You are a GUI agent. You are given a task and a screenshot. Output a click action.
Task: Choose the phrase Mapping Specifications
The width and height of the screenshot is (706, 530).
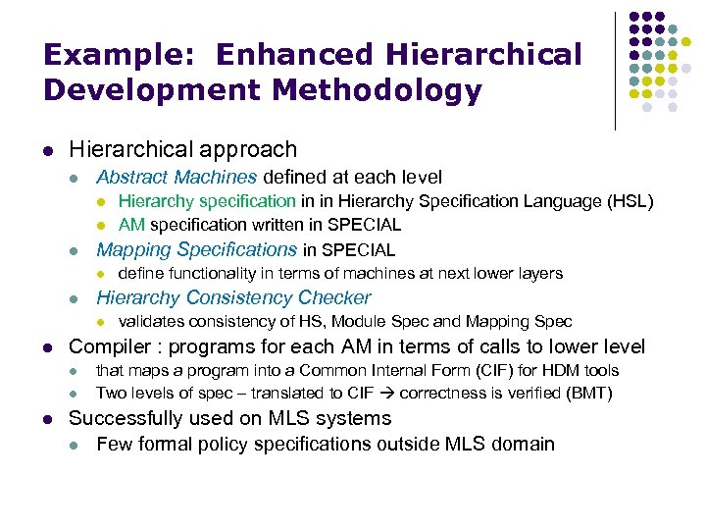click(196, 249)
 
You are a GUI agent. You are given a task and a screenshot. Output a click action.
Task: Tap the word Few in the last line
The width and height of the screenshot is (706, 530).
click(113, 444)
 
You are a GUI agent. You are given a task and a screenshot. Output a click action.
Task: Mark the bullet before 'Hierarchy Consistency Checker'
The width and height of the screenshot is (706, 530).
click(75, 298)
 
